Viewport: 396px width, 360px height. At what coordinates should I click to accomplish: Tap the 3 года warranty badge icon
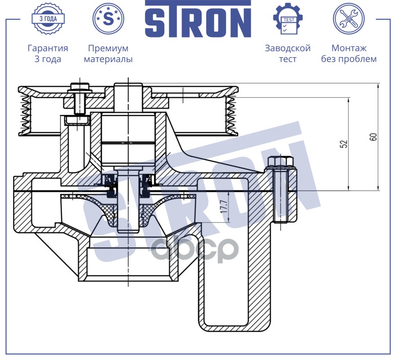pyautogui.click(x=48, y=18)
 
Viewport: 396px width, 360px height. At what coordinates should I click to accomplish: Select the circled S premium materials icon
pyautogui.click(x=108, y=18)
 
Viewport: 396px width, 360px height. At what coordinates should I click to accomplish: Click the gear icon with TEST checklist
pyautogui.click(x=288, y=18)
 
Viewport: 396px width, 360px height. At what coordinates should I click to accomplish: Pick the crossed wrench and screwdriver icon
pyautogui.click(x=348, y=18)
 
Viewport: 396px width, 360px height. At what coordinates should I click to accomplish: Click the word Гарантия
pyautogui.click(x=48, y=48)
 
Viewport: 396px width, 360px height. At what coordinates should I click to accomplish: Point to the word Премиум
pyautogui.click(x=108, y=48)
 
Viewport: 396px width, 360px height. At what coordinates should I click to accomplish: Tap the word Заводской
pyautogui.click(x=288, y=48)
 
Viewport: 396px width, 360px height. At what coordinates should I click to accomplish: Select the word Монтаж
pyautogui.click(x=349, y=48)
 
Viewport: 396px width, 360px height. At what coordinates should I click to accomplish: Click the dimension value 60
pyautogui.click(x=374, y=137)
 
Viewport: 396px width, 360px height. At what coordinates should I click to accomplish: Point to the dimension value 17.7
pyautogui.click(x=224, y=206)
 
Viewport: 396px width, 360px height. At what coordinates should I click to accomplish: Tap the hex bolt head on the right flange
pyautogui.click(x=280, y=162)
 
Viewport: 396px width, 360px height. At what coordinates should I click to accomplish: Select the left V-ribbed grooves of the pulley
pyautogui.click(x=25, y=112)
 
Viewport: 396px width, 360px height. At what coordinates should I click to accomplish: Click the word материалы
pyautogui.click(x=108, y=59)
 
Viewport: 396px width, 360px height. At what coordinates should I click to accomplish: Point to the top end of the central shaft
pyautogui.click(x=128, y=84)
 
